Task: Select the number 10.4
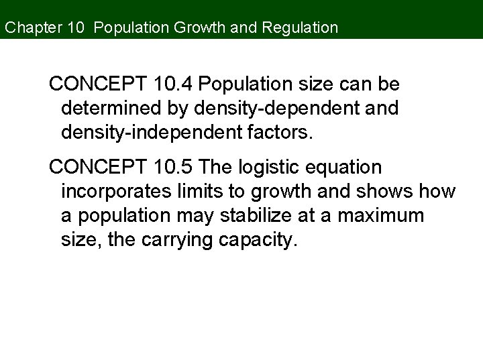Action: click(x=172, y=84)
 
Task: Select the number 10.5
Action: click(x=172, y=166)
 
